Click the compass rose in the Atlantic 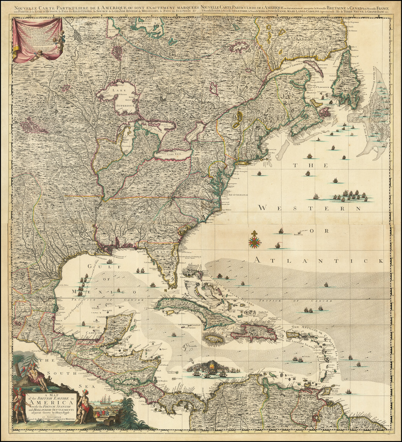coord(255,240)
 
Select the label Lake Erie coord(174,154)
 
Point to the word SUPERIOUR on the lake coord(125,106)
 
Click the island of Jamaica coord(215,338)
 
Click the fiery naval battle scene coord(212,368)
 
